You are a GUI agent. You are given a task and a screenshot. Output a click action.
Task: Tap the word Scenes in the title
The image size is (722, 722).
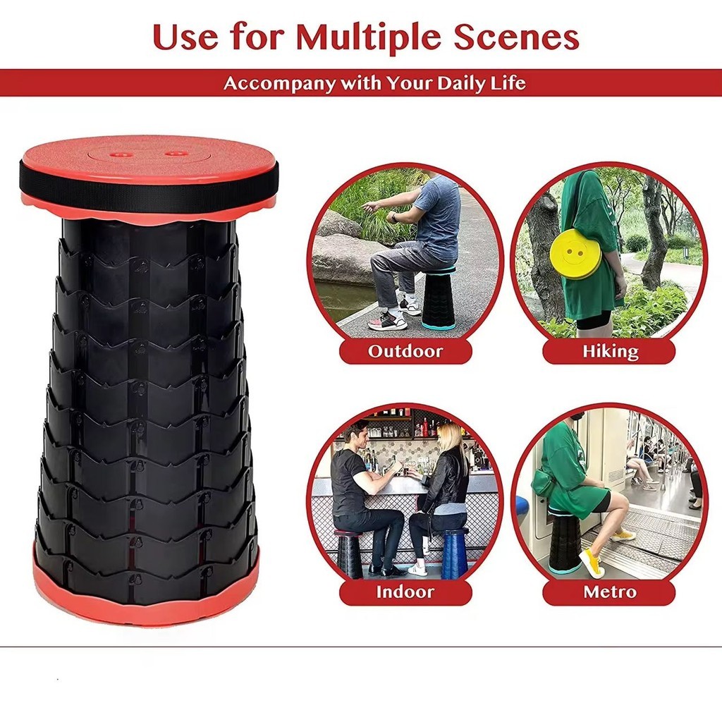516,37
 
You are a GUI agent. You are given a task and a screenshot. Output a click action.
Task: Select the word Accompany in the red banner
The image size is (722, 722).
279,84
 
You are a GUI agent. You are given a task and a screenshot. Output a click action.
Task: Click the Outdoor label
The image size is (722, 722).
405,351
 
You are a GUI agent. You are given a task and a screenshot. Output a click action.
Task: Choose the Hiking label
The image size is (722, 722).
610,351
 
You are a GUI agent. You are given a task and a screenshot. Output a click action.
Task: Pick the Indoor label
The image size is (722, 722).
405,592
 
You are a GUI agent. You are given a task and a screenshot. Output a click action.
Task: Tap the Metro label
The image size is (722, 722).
610,592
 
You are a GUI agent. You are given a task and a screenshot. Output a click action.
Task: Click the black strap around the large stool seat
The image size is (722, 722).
148,173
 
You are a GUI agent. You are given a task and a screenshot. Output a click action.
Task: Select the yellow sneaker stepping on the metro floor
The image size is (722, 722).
592,563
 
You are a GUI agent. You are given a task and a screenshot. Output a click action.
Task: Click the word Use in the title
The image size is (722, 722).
185,37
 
